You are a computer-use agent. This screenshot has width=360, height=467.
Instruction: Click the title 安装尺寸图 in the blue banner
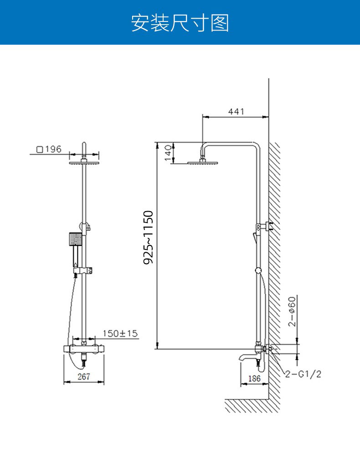coord(180,23)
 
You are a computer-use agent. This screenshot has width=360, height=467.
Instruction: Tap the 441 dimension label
coord(236,111)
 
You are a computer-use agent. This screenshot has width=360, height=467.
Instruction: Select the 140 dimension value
coord(168,153)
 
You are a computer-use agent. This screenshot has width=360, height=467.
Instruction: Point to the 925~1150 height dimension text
coord(148,237)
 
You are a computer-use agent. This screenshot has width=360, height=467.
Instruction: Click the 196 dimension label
coord(53,149)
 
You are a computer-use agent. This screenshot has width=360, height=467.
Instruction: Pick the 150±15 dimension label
coord(120,333)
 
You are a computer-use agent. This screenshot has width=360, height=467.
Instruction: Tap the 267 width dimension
coord(83,376)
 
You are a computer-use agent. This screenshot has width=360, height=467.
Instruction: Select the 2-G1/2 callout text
coord(303,374)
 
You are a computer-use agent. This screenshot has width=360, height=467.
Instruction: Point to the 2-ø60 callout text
coord(292,311)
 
